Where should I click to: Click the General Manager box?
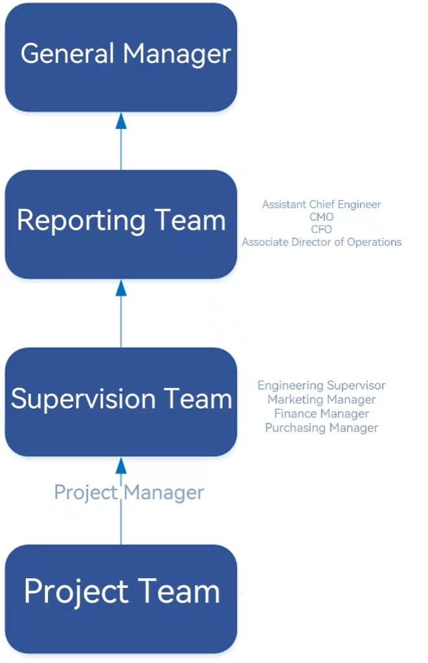pos(121,57)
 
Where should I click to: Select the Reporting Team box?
pos(121,224)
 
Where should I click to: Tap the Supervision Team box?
pos(121,401)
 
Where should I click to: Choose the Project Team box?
pos(121,598)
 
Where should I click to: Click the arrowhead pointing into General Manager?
pos(121,121)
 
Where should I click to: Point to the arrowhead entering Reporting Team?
pos(121,288)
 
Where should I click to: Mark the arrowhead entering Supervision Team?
pos(121,464)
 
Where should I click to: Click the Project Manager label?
pos(129,493)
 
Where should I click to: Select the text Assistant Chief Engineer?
pos(321,205)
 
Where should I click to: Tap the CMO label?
pos(321,217)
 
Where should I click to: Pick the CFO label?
pos(321,229)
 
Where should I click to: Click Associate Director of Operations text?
pos(321,242)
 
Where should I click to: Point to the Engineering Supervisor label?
pos(321,386)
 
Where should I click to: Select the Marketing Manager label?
pos(321,399)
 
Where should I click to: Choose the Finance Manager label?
pos(321,414)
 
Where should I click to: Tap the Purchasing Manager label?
pos(321,428)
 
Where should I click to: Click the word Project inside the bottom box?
pos(76,592)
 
